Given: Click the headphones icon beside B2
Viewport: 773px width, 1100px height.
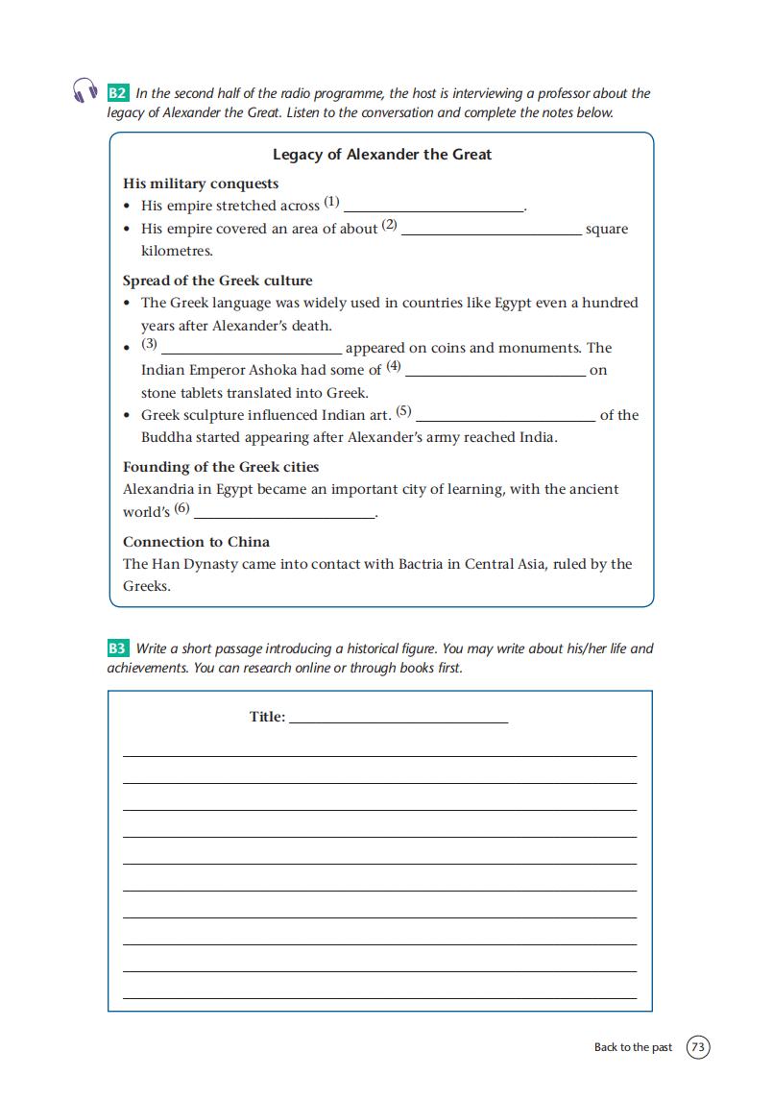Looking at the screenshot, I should [x=85, y=90].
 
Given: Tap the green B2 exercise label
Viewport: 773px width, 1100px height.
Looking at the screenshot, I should [x=117, y=93].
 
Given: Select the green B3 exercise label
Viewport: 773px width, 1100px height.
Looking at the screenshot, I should [x=117, y=648].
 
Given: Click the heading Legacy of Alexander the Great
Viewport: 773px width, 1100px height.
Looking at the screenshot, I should [x=382, y=155].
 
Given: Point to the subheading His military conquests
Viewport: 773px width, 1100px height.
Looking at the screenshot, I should [x=201, y=183].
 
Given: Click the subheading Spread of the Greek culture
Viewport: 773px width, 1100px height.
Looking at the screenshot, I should [x=217, y=281].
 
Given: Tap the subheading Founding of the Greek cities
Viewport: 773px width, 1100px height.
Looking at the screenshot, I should [x=221, y=467].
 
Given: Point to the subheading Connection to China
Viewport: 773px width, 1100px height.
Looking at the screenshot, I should [x=196, y=542].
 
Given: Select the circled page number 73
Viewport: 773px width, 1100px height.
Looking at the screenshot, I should [x=698, y=1047].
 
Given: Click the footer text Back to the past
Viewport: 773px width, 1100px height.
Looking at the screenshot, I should [x=633, y=1047].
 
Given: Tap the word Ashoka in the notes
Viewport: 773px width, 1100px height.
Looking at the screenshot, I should [x=274, y=371].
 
